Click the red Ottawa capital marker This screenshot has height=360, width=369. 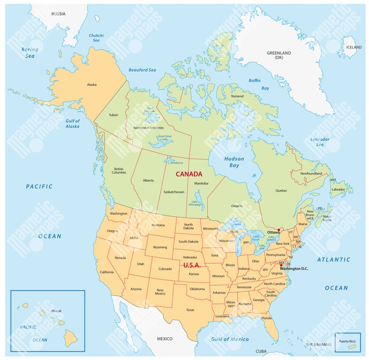tap(278, 229)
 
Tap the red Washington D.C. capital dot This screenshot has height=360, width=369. tap(281, 264)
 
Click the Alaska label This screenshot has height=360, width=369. tap(92, 84)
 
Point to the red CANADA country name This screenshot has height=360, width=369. tap(188, 174)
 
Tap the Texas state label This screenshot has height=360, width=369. tap(190, 309)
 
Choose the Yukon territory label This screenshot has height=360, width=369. tap(113, 114)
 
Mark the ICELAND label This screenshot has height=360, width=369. tap(354, 47)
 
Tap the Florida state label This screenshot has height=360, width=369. tap(266, 318)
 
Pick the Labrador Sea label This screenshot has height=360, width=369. tap(320, 141)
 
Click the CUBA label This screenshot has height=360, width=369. tap(261, 351)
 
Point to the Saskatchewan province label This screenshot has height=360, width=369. tap(173, 192)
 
